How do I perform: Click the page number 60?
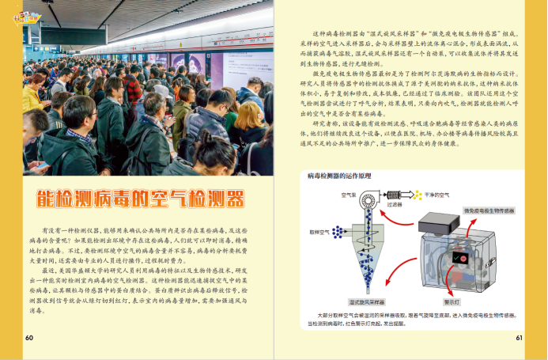[29, 338]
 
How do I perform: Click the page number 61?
[520, 338]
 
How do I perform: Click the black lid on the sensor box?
[439, 221]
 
